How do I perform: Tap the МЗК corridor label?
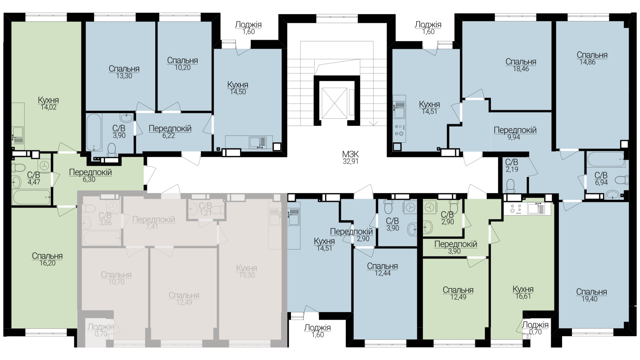351,154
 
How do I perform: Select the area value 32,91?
351,162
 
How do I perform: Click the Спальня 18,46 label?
521,65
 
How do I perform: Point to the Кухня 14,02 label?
48,104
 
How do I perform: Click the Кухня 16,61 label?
523,293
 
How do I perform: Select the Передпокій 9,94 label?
515,133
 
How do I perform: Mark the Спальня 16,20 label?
47,259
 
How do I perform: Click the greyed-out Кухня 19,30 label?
247,272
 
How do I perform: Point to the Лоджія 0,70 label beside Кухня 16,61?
535,328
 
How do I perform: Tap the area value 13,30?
124,76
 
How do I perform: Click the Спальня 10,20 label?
183,64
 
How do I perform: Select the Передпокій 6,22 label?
170,132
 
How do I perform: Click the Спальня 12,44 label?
382,270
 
